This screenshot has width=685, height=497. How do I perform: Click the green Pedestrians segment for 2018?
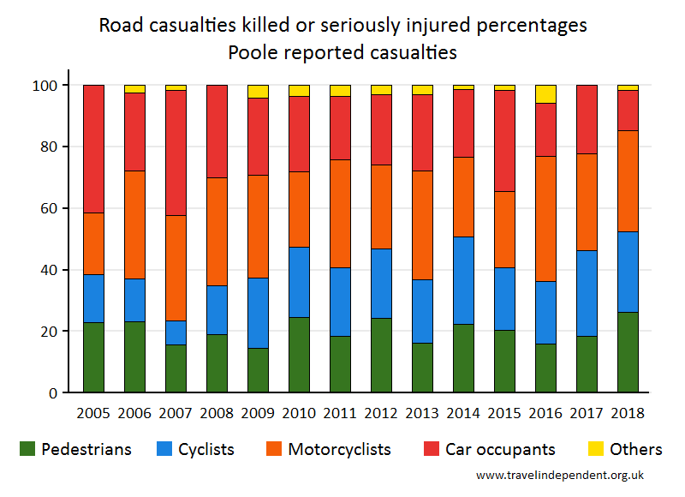(628, 352)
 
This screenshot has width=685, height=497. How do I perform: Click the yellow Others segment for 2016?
(545, 94)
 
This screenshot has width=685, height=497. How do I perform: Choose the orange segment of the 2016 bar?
(545, 219)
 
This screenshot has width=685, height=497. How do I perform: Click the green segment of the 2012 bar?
(381, 356)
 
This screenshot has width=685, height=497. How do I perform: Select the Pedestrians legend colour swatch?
(27, 448)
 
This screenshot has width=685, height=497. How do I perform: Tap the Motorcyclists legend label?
(339, 449)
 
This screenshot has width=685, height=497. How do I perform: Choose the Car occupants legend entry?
(500, 449)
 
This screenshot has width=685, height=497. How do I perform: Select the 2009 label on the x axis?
(257, 411)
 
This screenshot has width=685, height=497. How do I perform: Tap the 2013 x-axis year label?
(422, 411)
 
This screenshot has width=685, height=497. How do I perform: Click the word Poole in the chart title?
(254, 52)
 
